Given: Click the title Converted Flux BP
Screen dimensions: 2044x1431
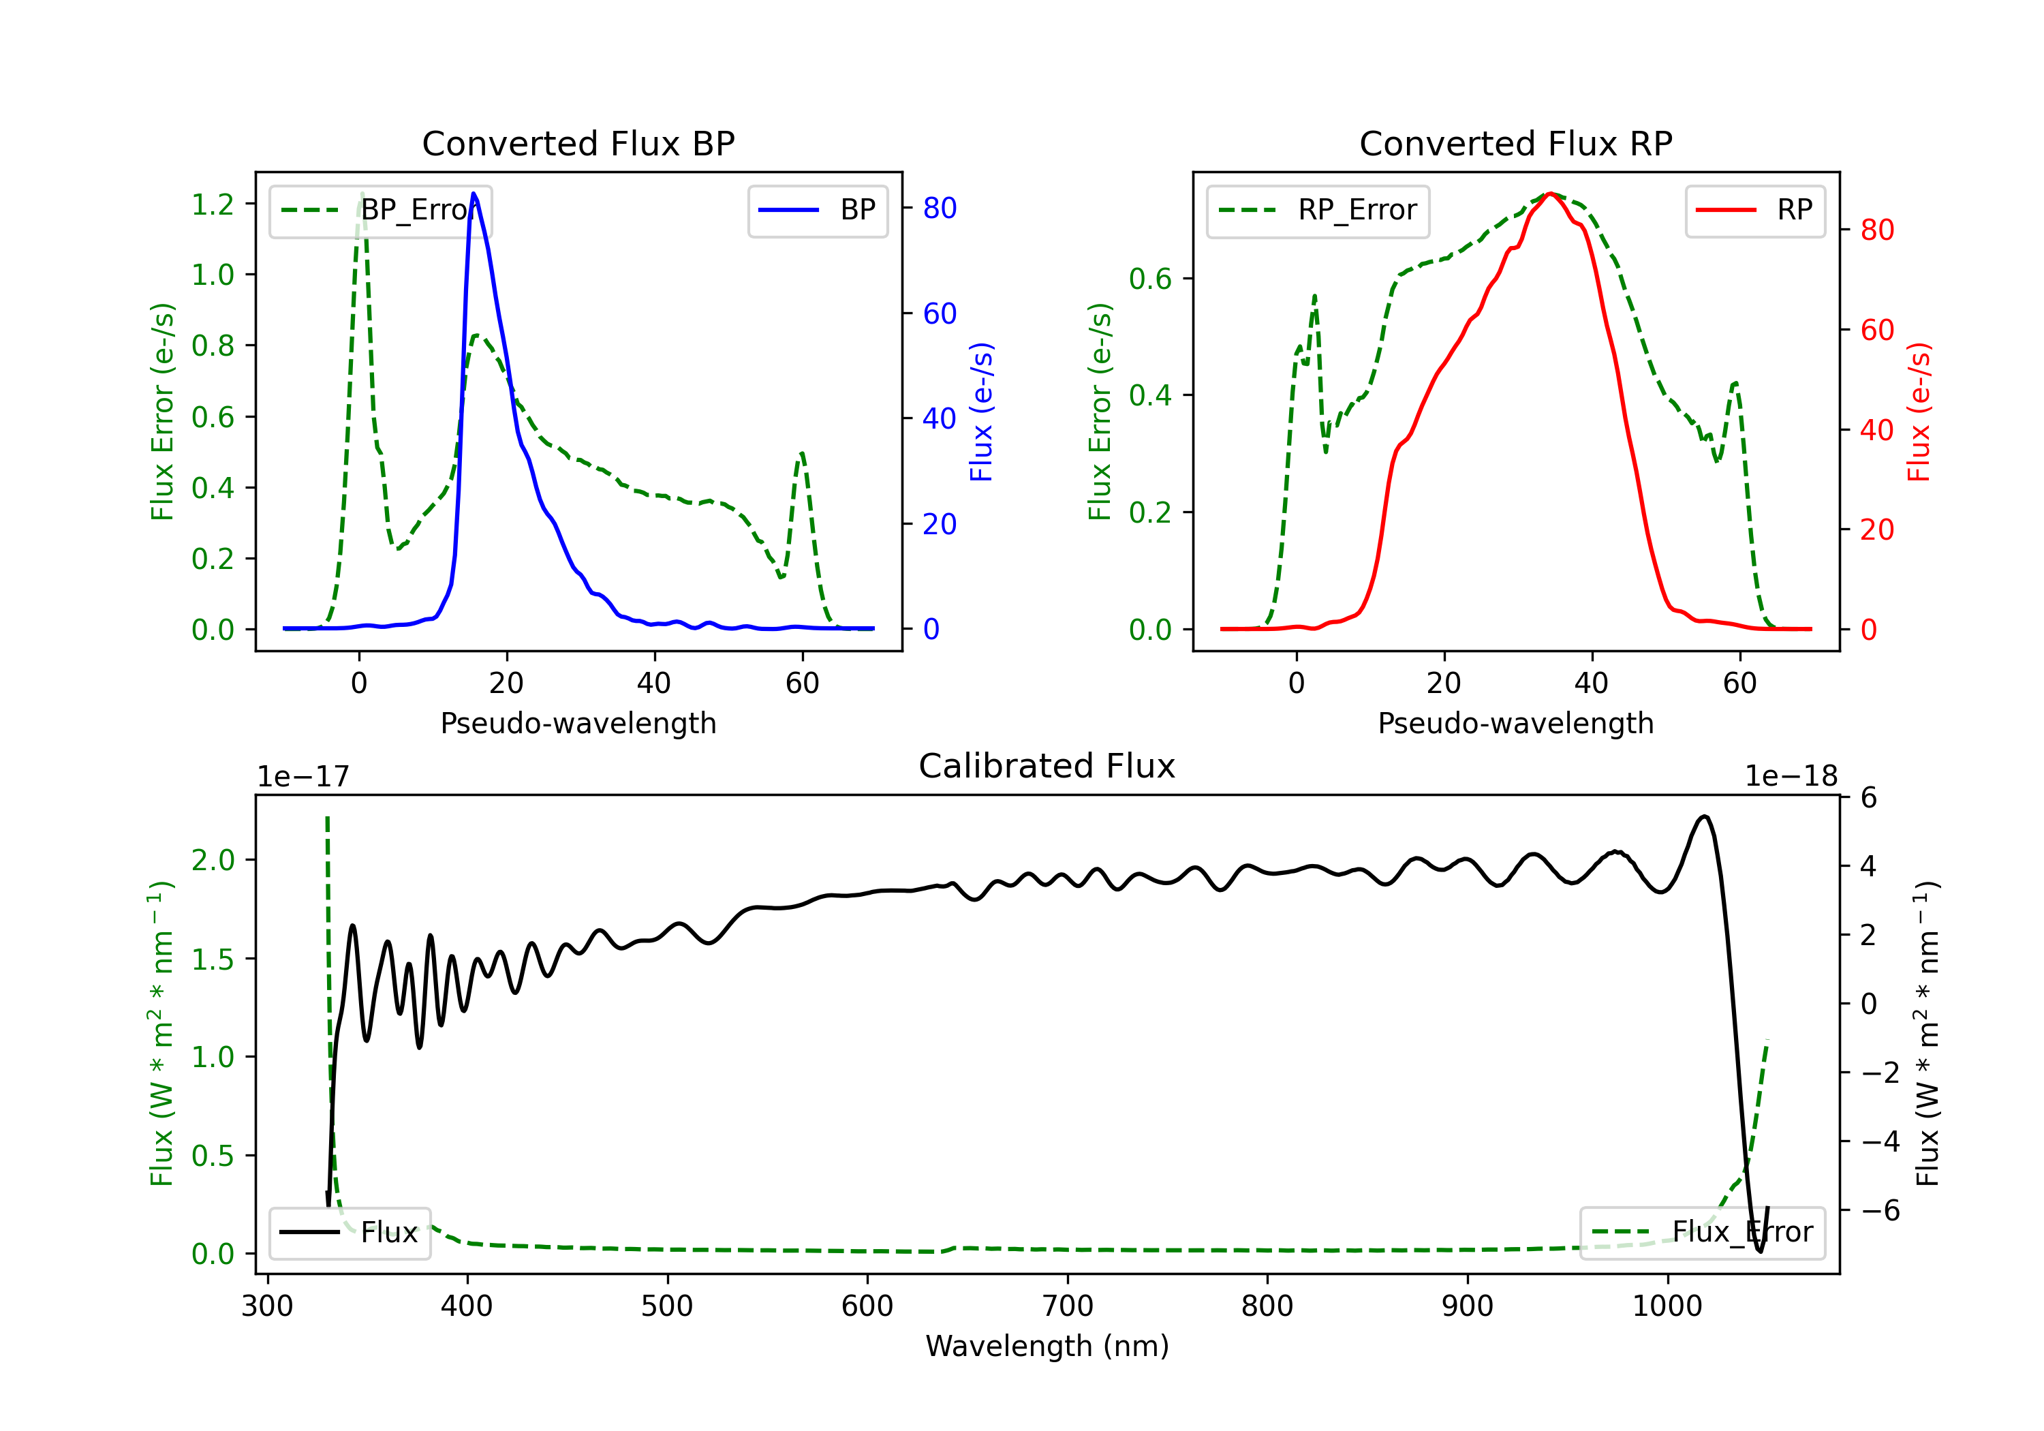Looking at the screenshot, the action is tap(578, 143).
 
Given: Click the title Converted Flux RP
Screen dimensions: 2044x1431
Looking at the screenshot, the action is tap(1515, 143).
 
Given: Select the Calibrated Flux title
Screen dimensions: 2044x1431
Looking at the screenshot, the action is tap(1047, 766).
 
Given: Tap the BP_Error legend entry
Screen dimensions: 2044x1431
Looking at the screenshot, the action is tap(380, 210).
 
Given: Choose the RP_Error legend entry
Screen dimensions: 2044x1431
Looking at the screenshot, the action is tap(1318, 210).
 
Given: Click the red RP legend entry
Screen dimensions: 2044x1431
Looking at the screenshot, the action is tap(1754, 210).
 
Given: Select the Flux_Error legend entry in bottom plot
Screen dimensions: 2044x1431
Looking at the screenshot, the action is tap(1702, 1233).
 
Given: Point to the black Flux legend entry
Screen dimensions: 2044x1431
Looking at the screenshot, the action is tap(349, 1233).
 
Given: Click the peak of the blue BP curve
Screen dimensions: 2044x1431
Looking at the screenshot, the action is tap(474, 194).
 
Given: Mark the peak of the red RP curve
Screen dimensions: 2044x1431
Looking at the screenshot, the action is tap(1550, 194).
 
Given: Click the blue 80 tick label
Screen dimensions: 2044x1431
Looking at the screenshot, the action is tap(940, 209).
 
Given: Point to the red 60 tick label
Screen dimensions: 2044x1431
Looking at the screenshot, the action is tap(1878, 330).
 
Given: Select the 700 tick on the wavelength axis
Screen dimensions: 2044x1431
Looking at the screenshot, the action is tap(1068, 1306).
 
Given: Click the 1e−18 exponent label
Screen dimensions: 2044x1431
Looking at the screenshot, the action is tap(1791, 777).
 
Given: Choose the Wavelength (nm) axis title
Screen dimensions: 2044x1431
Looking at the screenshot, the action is tap(1047, 1347).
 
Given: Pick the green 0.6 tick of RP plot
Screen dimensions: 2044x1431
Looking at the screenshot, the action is tap(1150, 279).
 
